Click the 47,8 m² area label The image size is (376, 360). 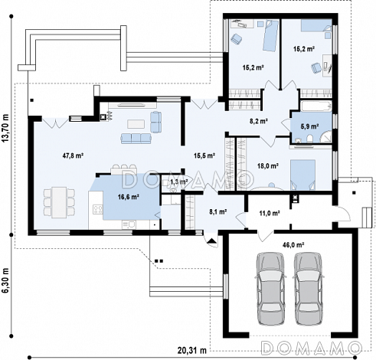[73, 155]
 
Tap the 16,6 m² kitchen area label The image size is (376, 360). [128, 197]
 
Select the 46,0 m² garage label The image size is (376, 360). [293, 245]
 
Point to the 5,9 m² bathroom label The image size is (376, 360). [310, 126]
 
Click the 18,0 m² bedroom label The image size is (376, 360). [267, 166]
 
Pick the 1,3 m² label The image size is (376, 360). [179, 182]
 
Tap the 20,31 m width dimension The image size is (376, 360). [192, 351]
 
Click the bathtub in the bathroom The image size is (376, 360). [316, 106]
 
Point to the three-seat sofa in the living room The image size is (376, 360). [136, 139]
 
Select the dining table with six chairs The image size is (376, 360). [59, 202]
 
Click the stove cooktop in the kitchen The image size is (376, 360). [98, 210]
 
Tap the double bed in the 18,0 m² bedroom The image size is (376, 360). [302, 175]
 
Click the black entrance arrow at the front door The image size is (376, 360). [211, 241]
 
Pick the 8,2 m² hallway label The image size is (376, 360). [258, 121]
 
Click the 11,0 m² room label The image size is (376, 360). [270, 213]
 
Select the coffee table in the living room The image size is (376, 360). [136, 124]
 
